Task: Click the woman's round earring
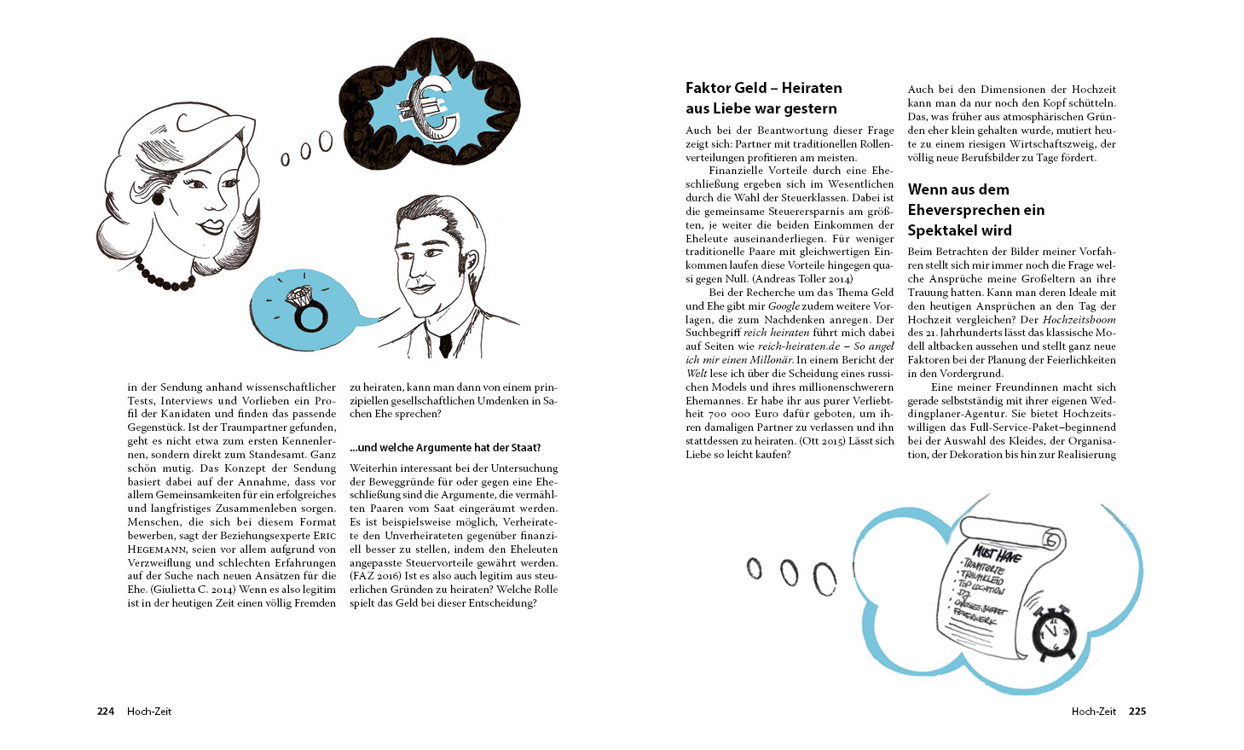tap(157, 198)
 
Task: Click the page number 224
tap(105, 712)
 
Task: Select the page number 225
tap(1137, 712)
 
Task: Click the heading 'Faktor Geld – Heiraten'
tap(763, 88)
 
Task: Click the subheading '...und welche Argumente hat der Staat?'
tap(445, 448)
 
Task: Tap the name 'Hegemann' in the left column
tap(157, 549)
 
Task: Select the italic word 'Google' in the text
tap(784, 305)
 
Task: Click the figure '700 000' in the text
tap(727, 414)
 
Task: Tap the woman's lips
tap(210, 227)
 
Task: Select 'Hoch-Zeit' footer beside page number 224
tap(149, 712)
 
